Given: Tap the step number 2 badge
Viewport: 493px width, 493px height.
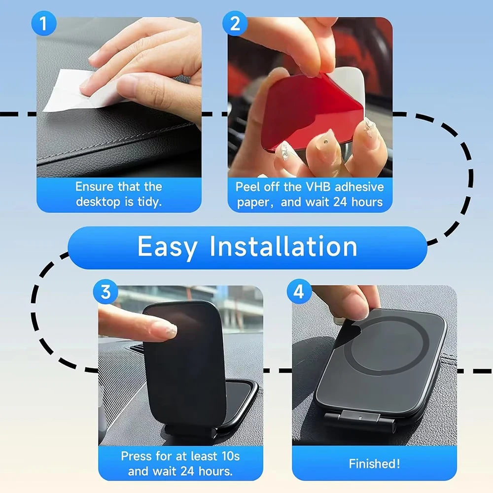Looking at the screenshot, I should tap(235, 24).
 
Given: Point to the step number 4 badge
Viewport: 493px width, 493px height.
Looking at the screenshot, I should tap(299, 292).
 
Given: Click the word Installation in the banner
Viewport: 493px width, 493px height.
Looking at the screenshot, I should tap(283, 246).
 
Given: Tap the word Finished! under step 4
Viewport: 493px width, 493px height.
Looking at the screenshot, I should tap(374, 463).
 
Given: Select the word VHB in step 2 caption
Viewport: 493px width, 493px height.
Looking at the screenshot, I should tap(319, 187).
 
